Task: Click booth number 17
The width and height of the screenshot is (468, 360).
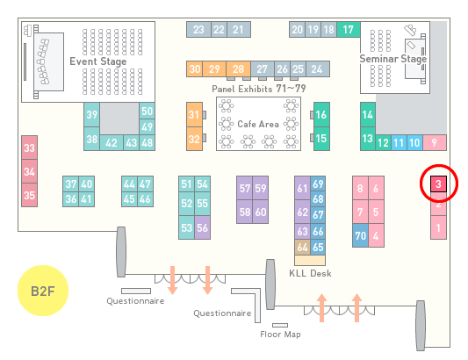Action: (349, 29)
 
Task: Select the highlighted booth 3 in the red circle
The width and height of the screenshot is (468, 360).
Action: (438, 184)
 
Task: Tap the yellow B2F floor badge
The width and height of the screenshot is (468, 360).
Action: (43, 291)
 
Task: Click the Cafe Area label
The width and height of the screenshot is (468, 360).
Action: (258, 124)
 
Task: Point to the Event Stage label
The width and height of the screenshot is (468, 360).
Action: (98, 61)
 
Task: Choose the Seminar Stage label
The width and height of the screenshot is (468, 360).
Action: (393, 59)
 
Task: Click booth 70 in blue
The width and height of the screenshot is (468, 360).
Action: (360, 235)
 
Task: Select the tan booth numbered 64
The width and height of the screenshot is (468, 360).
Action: (302, 247)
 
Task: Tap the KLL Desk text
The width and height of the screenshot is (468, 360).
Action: (310, 273)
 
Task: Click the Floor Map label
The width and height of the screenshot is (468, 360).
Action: (280, 334)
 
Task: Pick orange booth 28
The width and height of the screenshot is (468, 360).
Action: (238, 69)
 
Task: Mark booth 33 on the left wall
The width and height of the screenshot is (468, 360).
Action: (29, 148)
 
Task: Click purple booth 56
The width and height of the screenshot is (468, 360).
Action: (202, 227)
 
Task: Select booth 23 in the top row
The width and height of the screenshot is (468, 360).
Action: (198, 30)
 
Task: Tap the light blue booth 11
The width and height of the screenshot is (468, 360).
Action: (399, 143)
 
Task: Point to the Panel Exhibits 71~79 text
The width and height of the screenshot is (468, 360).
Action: (259, 89)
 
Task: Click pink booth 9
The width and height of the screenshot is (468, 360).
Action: (435, 143)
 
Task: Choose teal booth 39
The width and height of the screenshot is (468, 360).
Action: (91, 115)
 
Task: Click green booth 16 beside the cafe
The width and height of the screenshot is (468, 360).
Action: (321, 114)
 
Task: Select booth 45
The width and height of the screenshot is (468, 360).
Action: (129, 198)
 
